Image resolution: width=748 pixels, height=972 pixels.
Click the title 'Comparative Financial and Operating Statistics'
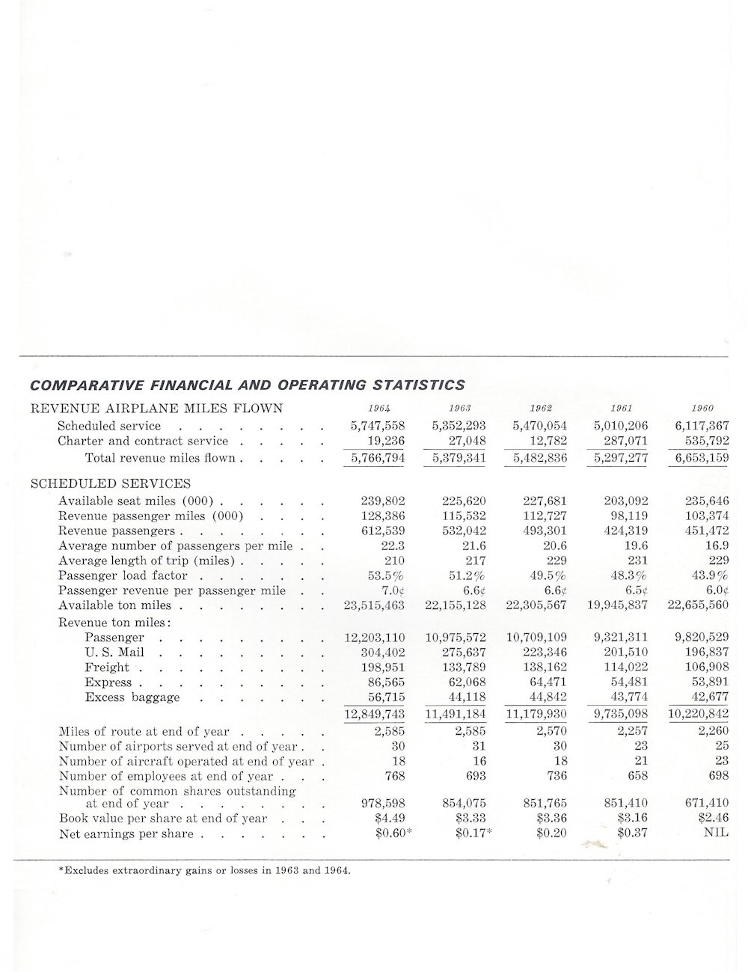point(247,385)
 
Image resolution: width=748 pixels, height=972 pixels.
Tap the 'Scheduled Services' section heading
point(110,483)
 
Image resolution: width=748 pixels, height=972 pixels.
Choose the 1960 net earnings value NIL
point(716,834)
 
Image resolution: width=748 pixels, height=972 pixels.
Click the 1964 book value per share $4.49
point(389,818)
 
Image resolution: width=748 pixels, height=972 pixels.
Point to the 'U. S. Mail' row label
point(114,652)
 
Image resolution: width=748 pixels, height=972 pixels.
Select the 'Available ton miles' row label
point(114,605)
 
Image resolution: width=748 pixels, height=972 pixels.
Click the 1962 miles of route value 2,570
point(551,731)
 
